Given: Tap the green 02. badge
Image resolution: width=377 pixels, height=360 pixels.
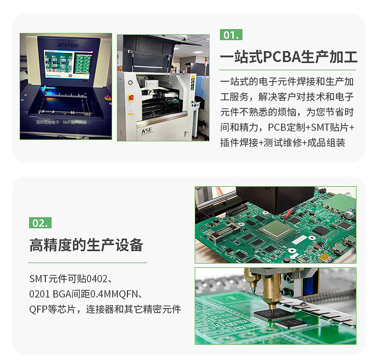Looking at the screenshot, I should coord(40,223).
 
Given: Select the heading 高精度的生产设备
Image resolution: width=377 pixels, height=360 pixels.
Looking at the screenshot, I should coord(86,245).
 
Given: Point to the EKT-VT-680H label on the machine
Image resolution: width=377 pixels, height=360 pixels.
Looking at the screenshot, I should coord(67,44).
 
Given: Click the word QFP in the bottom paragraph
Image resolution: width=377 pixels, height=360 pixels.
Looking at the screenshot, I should coord(38,309).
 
